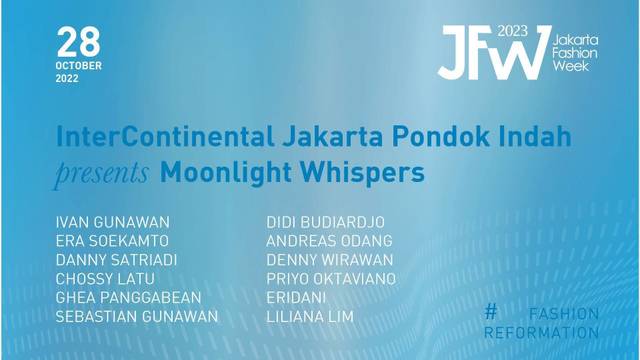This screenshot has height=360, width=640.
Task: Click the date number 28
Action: pyautogui.click(x=79, y=41)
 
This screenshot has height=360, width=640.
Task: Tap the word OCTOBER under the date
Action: pyautogui.click(x=79, y=66)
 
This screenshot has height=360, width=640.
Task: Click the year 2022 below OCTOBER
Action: pyautogui.click(x=68, y=78)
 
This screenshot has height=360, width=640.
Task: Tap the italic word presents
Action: pyautogui.click(x=103, y=172)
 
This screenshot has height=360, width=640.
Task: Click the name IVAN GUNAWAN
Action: pyautogui.click(x=113, y=221)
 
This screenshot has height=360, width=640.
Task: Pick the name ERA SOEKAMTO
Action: pyautogui.click(x=113, y=240)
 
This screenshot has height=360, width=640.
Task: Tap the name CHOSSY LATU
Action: pyautogui.click(x=107, y=278)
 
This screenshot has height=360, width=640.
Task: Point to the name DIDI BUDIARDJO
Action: pyautogui.click(x=325, y=221)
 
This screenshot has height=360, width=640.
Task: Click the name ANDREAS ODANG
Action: pyautogui.click(x=329, y=240)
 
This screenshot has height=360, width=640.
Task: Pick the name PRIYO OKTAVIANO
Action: pyautogui.click(x=331, y=278)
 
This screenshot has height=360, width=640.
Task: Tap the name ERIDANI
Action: pyautogui.click(x=297, y=297)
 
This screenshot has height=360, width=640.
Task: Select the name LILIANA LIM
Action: pyautogui.click(x=310, y=317)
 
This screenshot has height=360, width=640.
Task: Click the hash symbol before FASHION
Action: pyautogui.click(x=490, y=312)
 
